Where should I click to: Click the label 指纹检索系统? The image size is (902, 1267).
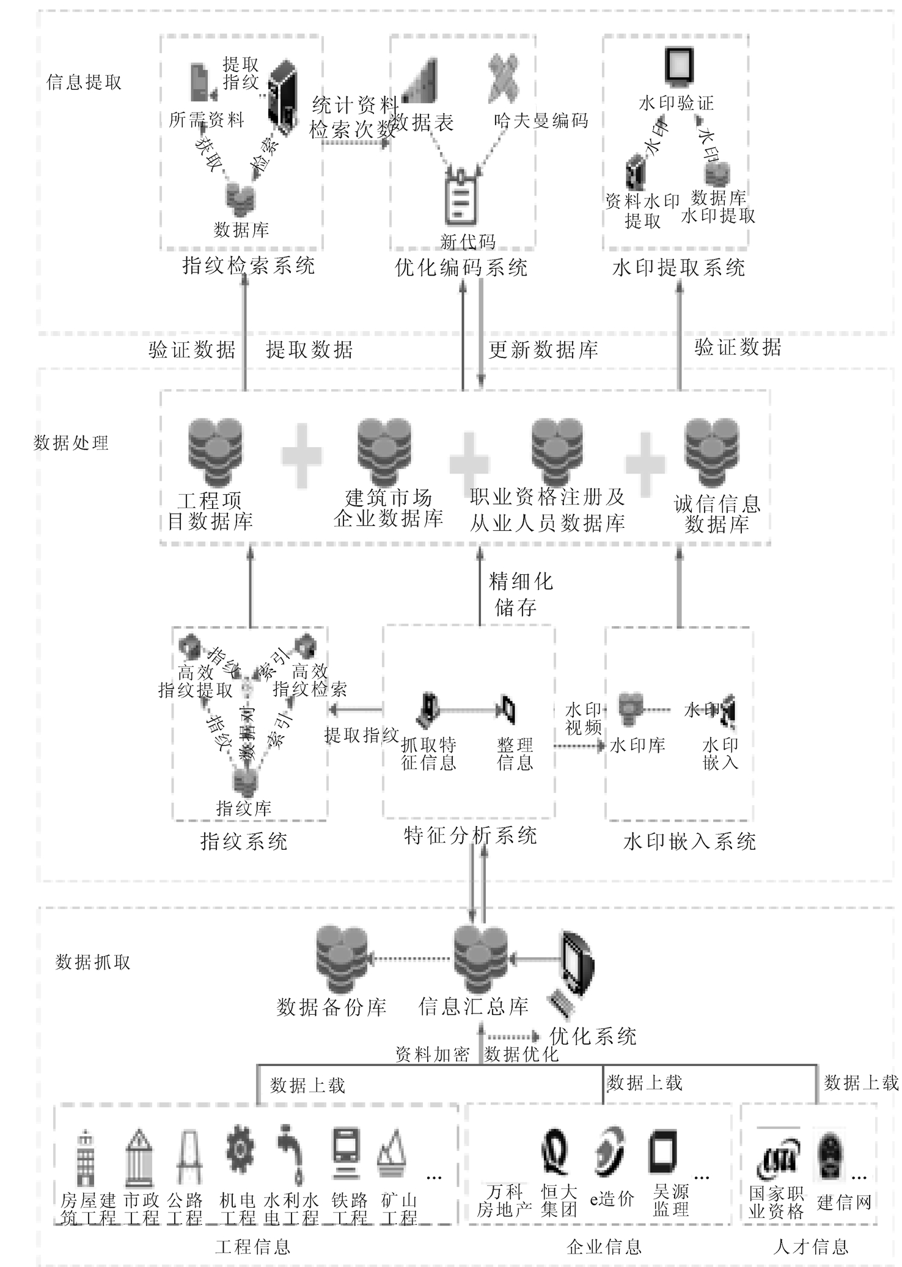(x=249, y=266)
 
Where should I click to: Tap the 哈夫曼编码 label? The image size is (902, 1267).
(x=541, y=120)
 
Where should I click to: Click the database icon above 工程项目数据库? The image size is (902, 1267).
(x=215, y=452)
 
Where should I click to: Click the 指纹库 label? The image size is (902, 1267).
(x=243, y=808)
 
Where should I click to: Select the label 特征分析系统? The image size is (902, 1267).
(x=470, y=835)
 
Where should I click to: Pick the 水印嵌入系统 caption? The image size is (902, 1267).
(x=689, y=842)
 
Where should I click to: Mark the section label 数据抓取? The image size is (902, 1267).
(x=93, y=963)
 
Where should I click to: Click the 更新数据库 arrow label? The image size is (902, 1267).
(x=543, y=349)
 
